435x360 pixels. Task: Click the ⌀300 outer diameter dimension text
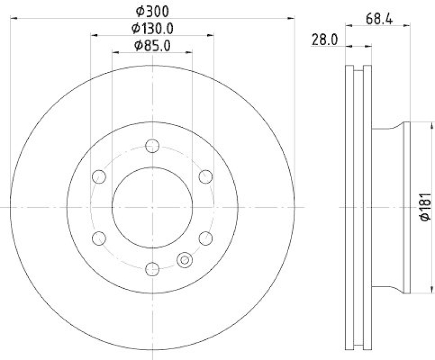[x=152, y=10]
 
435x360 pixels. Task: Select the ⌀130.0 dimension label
[x=152, y=28]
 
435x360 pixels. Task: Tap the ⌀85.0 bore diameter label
[x=152, y=46]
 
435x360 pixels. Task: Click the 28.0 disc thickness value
[x=325, y=40]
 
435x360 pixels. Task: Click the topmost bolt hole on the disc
[x=153, y=146]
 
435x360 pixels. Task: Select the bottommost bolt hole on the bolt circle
[x=153, y=268]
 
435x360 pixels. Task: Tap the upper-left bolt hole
[x=99, y=176]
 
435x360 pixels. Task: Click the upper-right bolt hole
[x=206, y=176]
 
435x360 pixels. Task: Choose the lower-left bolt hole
[x=99, y=238]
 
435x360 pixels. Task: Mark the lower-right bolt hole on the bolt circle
[x=206, y=238]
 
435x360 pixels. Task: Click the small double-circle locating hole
[x=185, y=260]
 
